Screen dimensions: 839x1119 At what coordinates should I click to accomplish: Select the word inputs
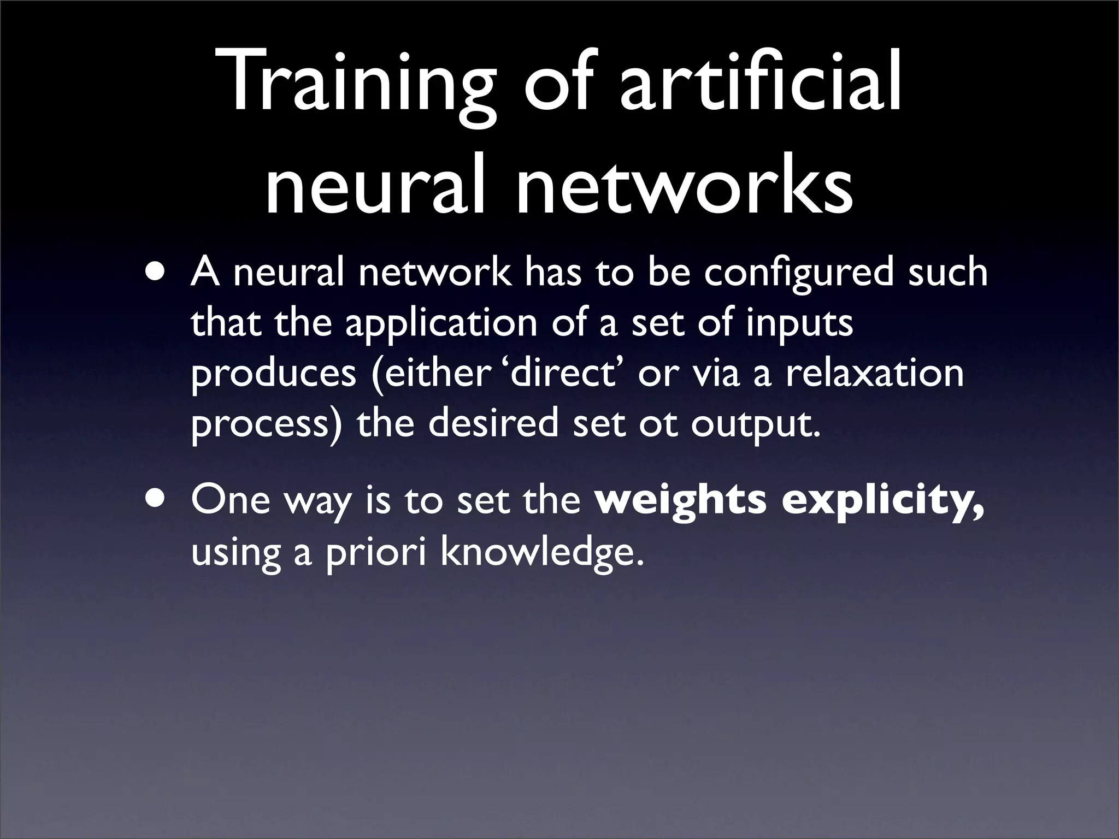click(799, 324)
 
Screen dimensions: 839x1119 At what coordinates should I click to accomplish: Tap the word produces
click(273, 375)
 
